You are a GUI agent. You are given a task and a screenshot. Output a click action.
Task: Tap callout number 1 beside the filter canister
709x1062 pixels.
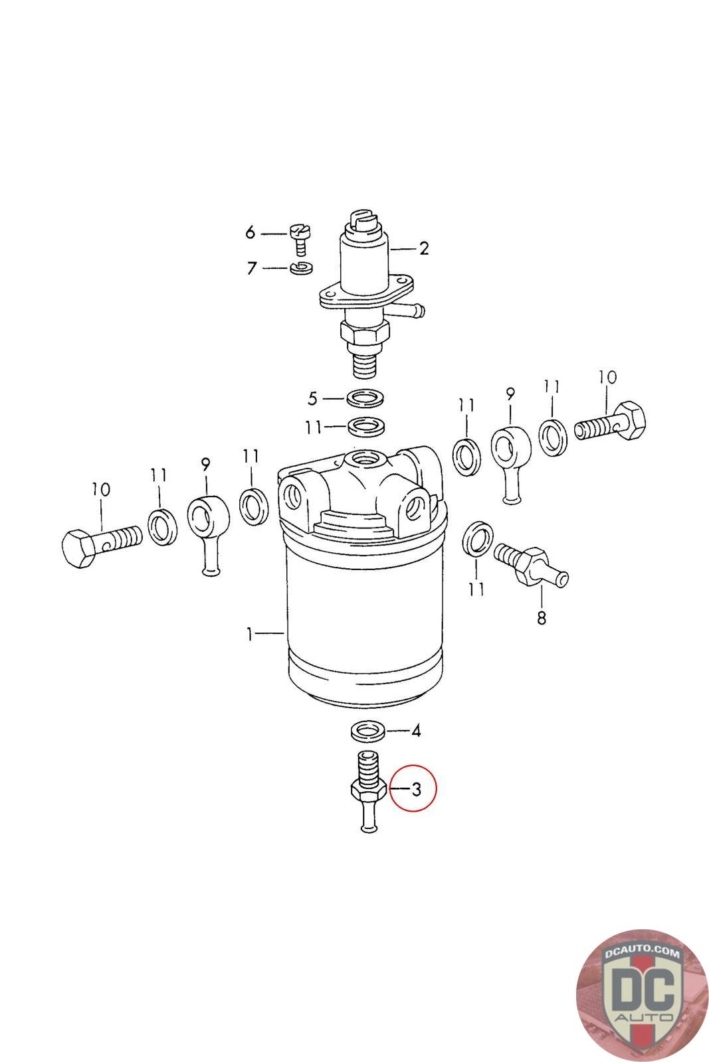tap(249, 634)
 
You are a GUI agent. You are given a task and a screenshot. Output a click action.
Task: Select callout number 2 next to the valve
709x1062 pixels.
tap(423, 248)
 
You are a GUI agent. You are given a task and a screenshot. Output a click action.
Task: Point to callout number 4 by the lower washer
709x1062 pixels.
tap(416, 731)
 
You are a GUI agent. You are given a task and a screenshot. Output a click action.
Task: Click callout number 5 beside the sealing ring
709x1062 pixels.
tap(313, 398)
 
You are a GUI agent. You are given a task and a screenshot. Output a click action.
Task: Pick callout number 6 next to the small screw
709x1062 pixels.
tap(250, 232)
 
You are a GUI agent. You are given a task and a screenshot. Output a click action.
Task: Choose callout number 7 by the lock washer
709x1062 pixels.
tap(251, 268)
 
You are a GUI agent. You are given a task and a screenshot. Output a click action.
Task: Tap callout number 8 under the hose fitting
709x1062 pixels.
tap(542, 618)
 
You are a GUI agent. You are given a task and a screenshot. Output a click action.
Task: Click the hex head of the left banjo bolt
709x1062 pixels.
tap(81, 548)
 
